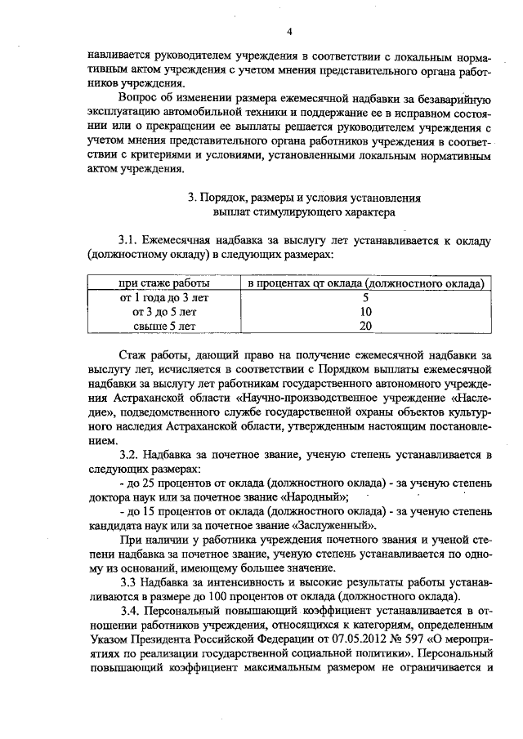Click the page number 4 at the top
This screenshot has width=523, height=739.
[x=289, y=32]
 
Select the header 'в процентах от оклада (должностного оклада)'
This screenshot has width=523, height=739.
[x=365, y=283]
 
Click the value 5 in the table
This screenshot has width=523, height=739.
[x=365, y=297]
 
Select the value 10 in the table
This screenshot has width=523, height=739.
[x=365, y=312]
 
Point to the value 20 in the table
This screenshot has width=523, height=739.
[x=365, y=327]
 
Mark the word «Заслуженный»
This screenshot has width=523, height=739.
[x=333, y=527]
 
